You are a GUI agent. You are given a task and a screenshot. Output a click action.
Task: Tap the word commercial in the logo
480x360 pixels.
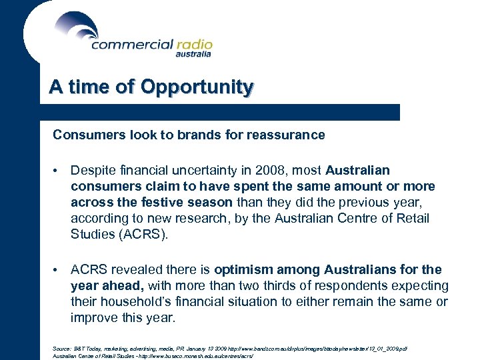pos(131,45)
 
